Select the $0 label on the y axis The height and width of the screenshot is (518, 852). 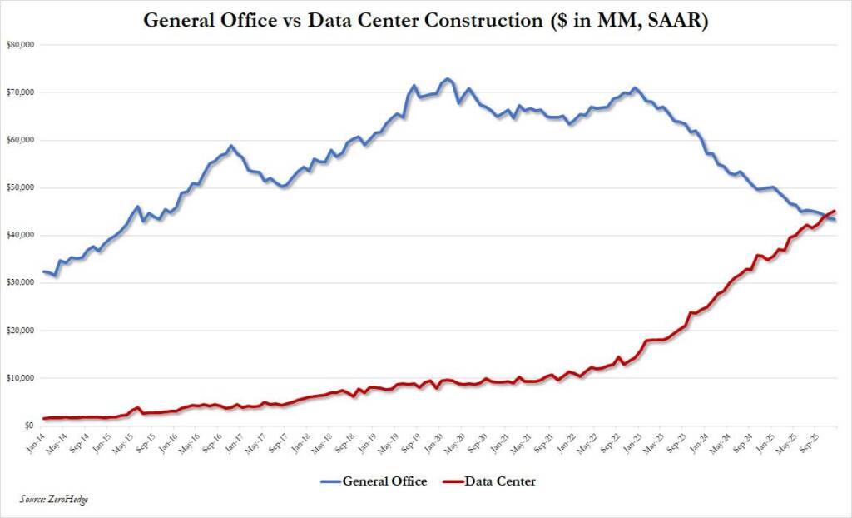(x=27, y=426)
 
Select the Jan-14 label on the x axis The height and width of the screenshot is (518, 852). (x=36, y=442)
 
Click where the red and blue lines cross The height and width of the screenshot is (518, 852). (x=824, y=216)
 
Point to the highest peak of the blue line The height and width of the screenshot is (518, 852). (x=448, y=79)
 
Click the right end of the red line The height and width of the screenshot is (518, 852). (x=835, y=211)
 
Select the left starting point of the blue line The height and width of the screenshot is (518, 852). (x=43, y=271)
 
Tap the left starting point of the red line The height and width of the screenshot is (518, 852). (x=43, y=418)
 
